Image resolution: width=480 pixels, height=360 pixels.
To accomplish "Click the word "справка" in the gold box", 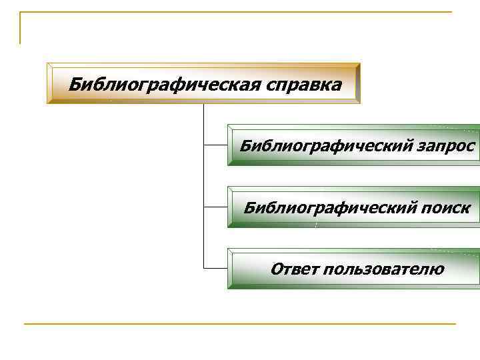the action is pyautogui.click(x=303, y=85).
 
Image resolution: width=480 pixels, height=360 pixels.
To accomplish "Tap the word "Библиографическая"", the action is pyautogui.click(x=164, y=85).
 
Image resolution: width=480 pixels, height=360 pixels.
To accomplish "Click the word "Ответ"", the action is pyautogui.click(x=293, y=269).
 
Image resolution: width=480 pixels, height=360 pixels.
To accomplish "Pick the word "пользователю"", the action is pyautogui.click(x=383, y=269).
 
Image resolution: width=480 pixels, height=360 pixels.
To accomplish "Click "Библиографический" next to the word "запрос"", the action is pyautogui.click(x=324, y=145).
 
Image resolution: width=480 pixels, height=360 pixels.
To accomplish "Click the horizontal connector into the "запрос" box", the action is pyautogui.click(x=215, y=145).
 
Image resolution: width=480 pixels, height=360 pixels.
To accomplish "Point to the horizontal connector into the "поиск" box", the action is pyautogui.click(x=215, y=207).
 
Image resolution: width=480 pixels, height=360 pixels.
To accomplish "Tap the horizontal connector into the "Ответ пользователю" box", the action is pyautogui.click(x=215, y=269).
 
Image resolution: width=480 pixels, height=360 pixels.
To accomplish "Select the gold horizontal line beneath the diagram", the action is pyautogui.click(x=240, y=324).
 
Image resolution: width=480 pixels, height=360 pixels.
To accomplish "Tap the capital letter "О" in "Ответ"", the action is pyautogui.click(x=277, y=269).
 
